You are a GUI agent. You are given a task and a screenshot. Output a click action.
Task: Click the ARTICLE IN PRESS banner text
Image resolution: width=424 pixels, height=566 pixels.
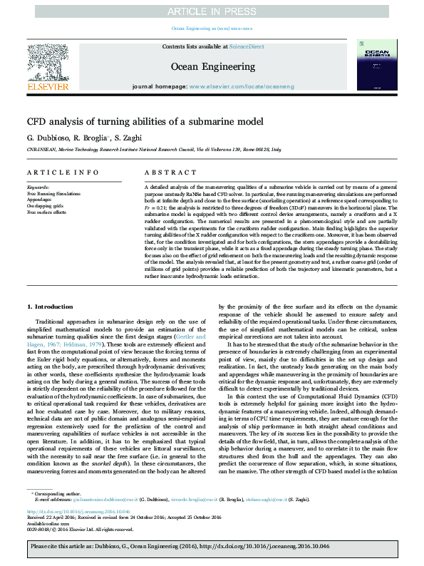click(212, 11)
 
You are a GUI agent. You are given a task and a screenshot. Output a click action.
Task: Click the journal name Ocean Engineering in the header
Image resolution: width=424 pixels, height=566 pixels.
click(212, 66)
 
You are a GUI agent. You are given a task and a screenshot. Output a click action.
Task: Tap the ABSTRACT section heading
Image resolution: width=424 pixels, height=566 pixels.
click(166, 173)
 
